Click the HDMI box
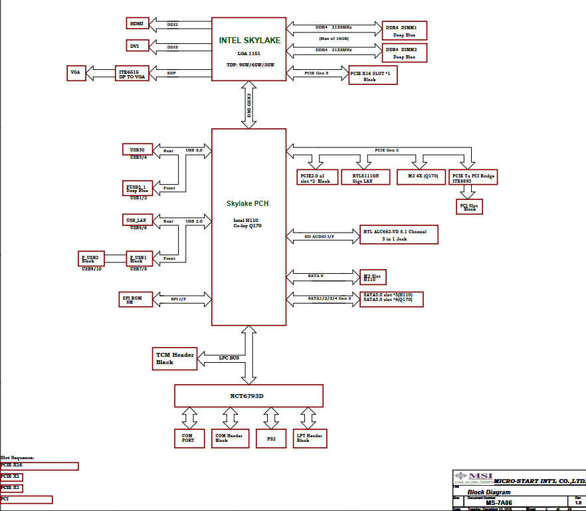pos(137,23)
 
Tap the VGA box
pos(74,73)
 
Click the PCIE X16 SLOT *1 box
pos(373,75)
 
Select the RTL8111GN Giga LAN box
pos(365,177)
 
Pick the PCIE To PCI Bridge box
pos(473,177)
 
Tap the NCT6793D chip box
pos(248,395)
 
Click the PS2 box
pos(270,438)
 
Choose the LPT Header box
pos(310,438)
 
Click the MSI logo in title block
pos(474,476)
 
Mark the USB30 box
pos(138,149)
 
